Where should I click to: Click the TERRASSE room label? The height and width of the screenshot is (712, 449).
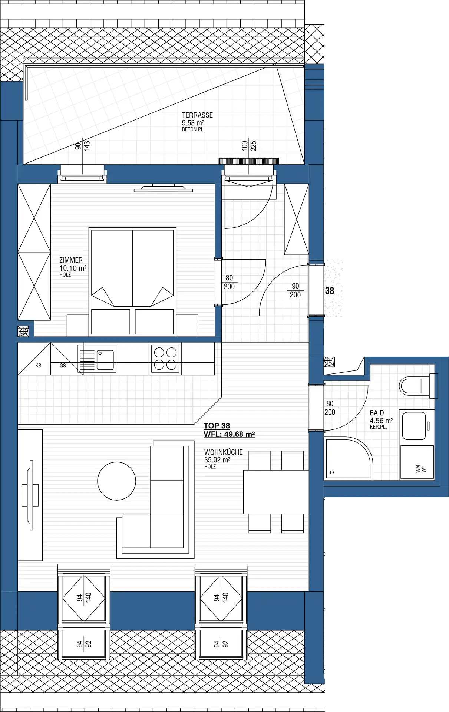click(x=197, y=115)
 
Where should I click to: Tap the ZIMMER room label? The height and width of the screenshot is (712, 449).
click(x=71, y=260)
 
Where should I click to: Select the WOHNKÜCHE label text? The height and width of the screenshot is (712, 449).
click(x=223, y=452)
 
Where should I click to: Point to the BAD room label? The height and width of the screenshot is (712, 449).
click(x=377, y=413)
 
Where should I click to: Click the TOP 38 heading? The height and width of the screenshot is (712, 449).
click(x=217, y=426)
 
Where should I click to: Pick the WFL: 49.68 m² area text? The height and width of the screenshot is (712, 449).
click(x=229, y=434)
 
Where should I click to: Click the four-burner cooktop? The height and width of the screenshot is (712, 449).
click(x=165, y=359)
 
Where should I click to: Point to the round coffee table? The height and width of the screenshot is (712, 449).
click(x=116, y=481)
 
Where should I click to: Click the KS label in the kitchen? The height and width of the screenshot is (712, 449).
click(x=38, y=366)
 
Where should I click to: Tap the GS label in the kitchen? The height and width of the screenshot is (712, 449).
click(x=63, y=366)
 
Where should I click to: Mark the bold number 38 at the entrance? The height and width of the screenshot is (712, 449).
click(x=330, y=291)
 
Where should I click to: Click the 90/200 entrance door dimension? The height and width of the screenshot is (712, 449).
click(x=295, y=290)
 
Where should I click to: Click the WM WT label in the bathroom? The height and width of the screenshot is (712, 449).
click(x=421, y=469)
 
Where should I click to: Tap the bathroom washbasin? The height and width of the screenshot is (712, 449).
click(x=413, y=426)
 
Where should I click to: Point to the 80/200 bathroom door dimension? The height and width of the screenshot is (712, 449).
click(x=330, y=408)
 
